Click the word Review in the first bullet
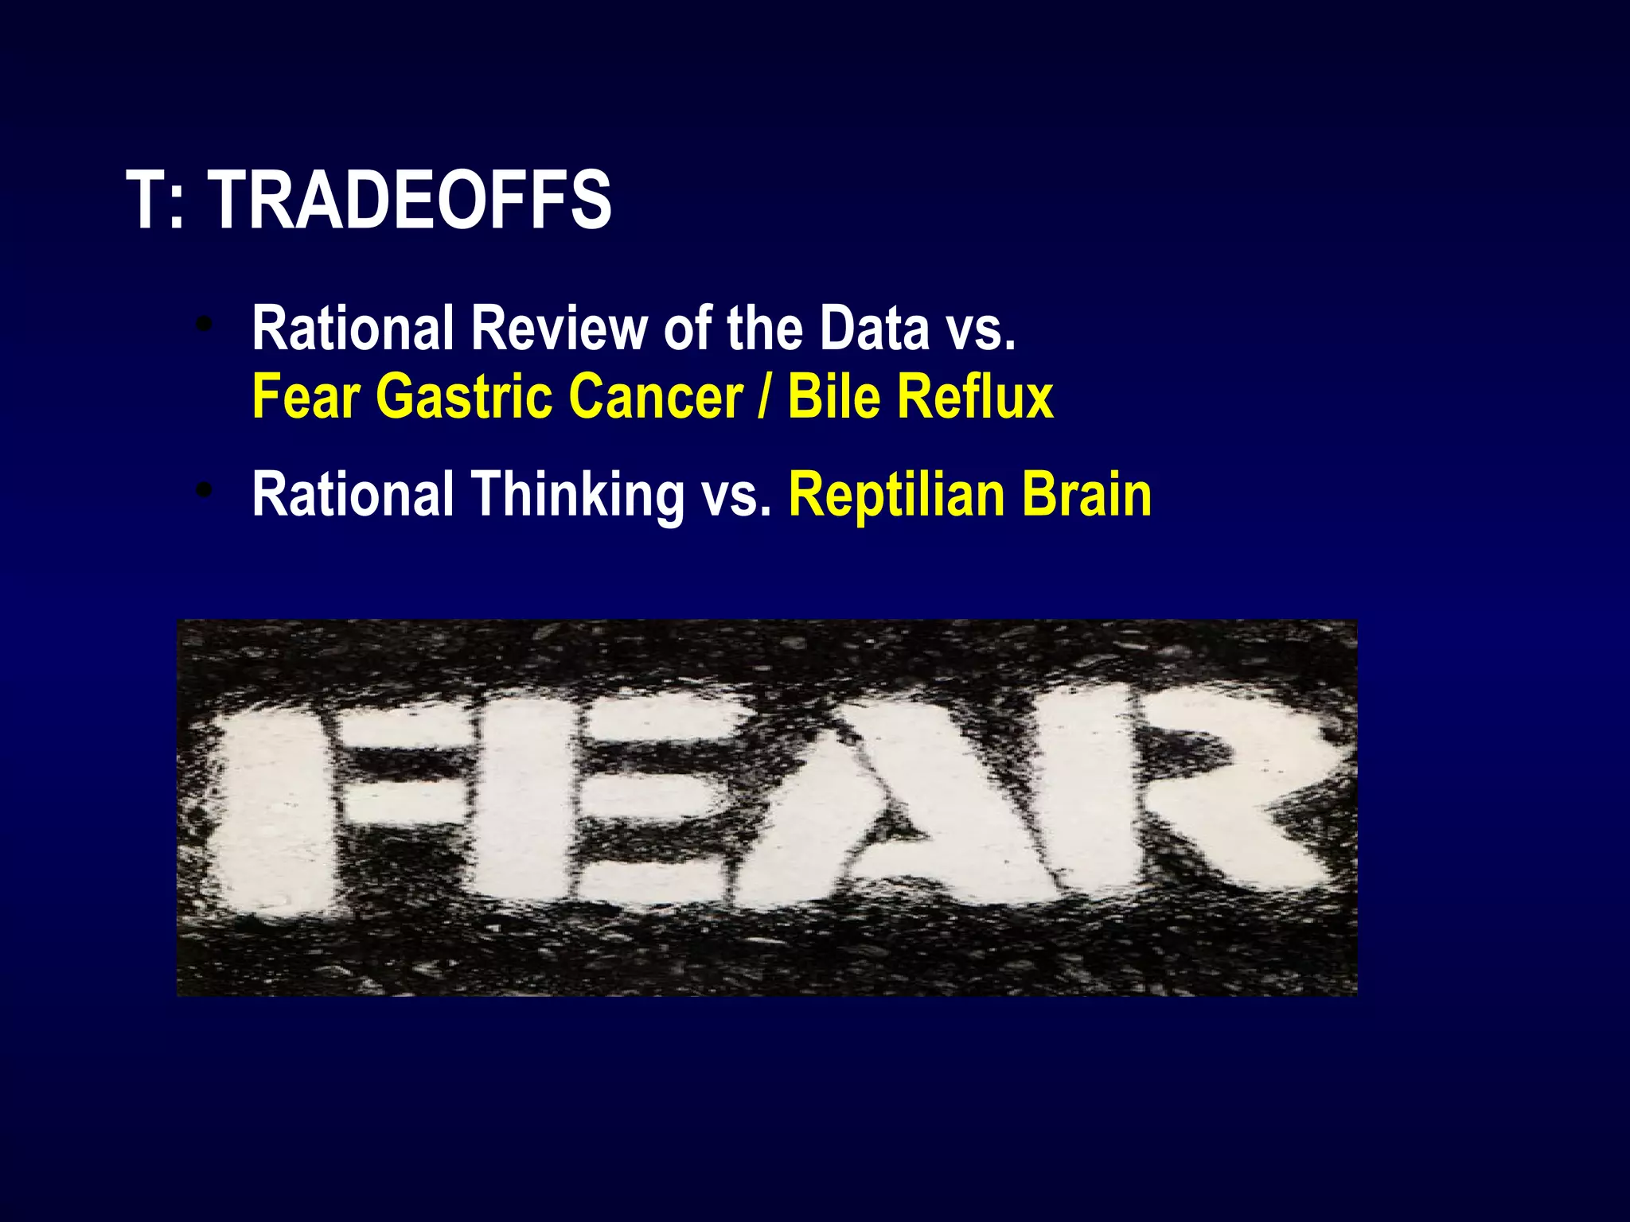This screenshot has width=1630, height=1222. point(559,328)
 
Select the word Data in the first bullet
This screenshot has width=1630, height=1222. point(874,328)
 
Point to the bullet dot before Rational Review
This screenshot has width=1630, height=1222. point(205,325)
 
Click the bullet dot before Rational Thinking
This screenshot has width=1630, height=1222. point(205,491)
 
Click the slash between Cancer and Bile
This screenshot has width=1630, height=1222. point(765,396)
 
